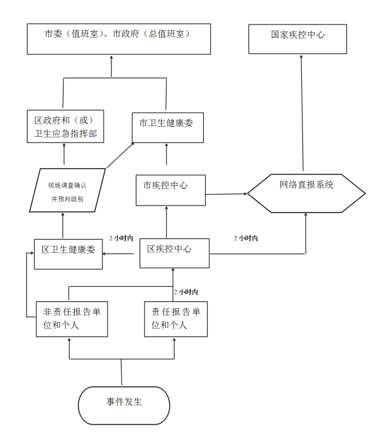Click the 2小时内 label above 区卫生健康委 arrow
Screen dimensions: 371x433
click(x=121, y=238)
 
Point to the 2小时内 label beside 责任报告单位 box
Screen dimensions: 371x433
click(x=186, y=292)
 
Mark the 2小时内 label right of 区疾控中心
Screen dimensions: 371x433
click(x=246, y=238)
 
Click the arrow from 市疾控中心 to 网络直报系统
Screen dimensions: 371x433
click(x=226, y=194)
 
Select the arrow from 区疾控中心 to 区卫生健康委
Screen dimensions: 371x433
click(x=118, y=254)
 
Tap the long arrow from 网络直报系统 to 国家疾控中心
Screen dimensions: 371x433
click(x=302, y=113)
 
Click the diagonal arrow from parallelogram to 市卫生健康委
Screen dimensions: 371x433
click(x=120, y=155)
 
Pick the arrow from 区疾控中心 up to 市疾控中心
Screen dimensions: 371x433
click(x=167, y=222)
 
